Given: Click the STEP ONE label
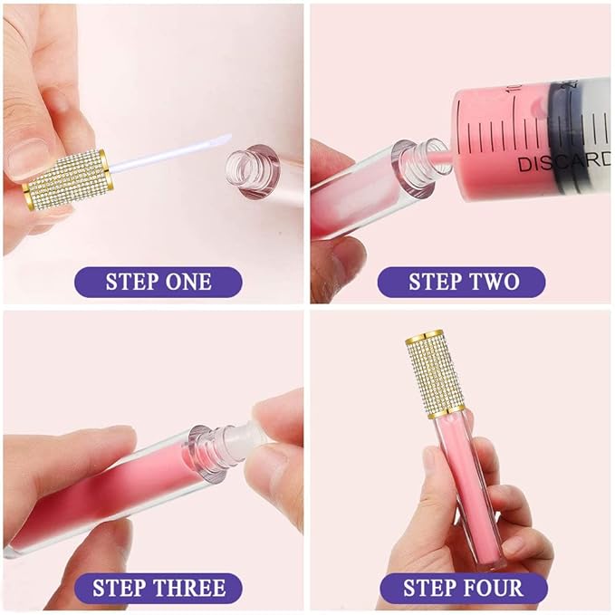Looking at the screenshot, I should [158, 282].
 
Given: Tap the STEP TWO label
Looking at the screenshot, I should [463, 282].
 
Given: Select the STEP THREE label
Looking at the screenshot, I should [158, 589].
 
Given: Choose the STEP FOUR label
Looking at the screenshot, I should [463, 589].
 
